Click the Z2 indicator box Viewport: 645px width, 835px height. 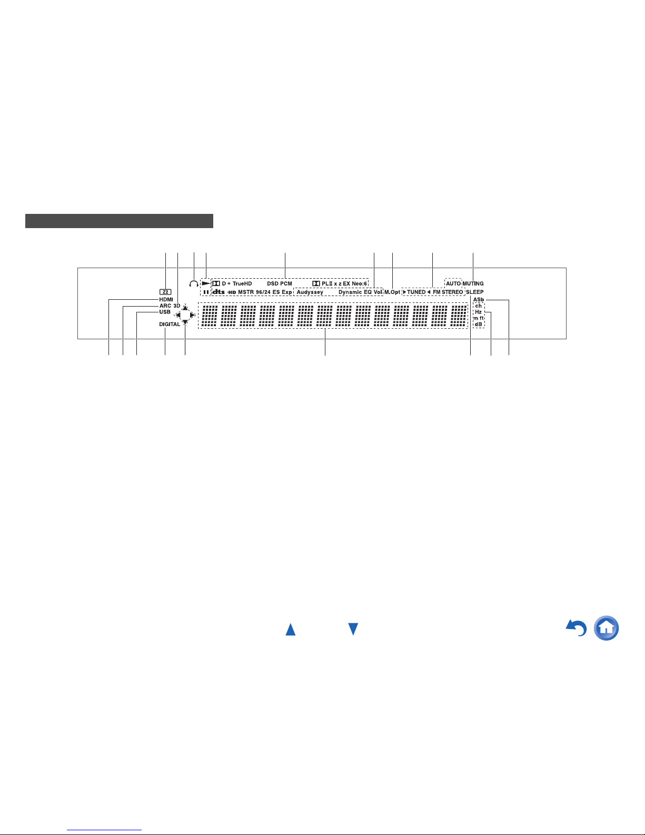coord(165,292)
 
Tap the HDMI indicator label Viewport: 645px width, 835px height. coord(166,299)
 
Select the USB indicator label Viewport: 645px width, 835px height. coord(165,312)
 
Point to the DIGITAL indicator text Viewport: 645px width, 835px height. coord(170,325)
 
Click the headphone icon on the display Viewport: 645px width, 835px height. coord(194,283)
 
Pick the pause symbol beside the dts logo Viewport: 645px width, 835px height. coord(206,292)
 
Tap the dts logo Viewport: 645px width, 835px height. coord(219,292)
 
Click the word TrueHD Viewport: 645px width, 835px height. coord(242,283)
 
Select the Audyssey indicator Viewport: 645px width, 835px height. coord(310,292)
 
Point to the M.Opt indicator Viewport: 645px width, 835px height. coord(392,292)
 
